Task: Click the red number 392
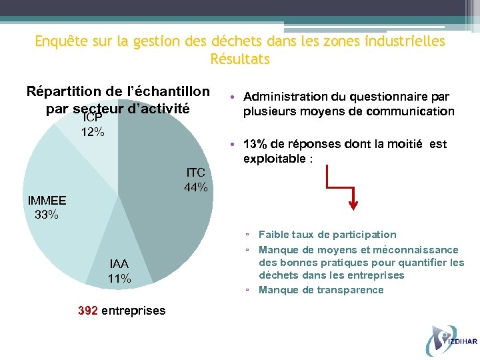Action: pyautogui.click(x=89, y=310)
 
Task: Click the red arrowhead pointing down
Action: pyautogui.click(x=354, y=204)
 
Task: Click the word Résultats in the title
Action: pyautogui.click(x=240, y=59)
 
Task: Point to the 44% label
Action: pyautogui.click(x=195, y=187)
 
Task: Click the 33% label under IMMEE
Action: pyautogui.click(x=47, y=215)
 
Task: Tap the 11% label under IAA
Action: pyautogui.click(x=119, y=279)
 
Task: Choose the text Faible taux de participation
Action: pyautogui.click(x=327, y=235)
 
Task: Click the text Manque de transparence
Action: pyautogui.click(x=321, y=290)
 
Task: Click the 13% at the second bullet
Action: pyautogui.click(x=254, y=144)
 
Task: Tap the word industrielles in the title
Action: pyautogui.click(x=405, y=41)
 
